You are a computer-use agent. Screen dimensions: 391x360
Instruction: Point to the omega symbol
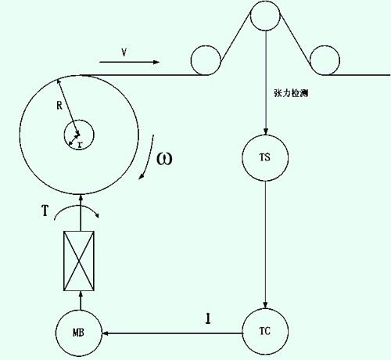click(x=164, y=159)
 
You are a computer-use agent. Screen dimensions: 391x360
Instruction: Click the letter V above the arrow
click(x=124, y=52)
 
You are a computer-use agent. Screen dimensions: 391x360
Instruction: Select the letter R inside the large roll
click(x=59, y=106)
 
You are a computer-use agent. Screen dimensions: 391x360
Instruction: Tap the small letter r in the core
click(x=80, y=145)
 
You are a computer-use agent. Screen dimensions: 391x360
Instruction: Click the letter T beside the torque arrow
click(x=45, y=211)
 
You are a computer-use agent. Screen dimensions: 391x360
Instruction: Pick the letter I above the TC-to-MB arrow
click(x=208, y=319)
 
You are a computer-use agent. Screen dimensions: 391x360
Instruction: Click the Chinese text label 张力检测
click(x=291, y=93)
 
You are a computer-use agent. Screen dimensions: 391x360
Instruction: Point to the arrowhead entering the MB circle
click(x=106, y=333)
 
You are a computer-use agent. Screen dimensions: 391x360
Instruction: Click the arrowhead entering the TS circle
click(x=265, y=131)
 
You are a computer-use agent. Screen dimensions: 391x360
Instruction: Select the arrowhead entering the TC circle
click(x=265, y=305)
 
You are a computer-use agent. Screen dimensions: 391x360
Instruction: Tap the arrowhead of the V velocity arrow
click(x=156, y=62)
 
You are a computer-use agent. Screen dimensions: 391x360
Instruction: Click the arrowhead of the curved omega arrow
click(x=141, y=177)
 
